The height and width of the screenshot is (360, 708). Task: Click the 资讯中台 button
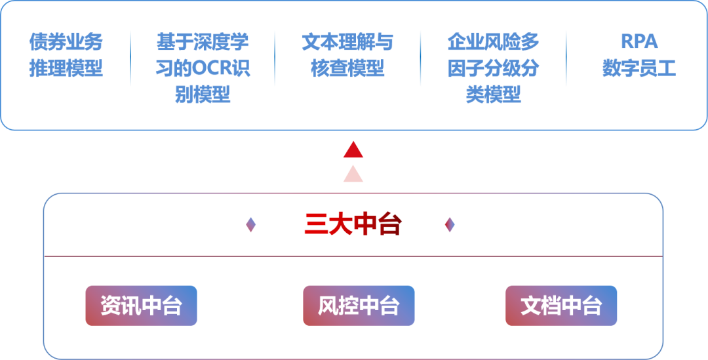[x=141, y=306]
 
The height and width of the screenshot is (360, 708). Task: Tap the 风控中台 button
[x=359, y=306]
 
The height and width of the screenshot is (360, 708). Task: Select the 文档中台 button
[x=561, y=306]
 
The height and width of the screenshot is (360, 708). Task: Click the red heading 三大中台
[x=353, y=225]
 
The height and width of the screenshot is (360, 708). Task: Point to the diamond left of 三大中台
[x=250, y=225]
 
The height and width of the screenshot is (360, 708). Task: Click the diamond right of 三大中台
[x=449, y=225]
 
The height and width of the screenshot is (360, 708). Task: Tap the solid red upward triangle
[x=353, y=150]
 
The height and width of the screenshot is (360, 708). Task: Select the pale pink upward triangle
[x=353, y=174]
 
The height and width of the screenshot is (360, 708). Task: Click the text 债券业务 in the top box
[x=66, y=42]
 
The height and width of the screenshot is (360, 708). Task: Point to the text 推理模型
[x=66, y=68]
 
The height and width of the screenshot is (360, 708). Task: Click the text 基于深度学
[x=203, y=42]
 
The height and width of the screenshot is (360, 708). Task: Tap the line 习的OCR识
[x=203, y=68]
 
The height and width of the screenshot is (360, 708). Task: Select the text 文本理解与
[x=347, y=42]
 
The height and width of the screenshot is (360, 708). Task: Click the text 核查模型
[x=347, y=68]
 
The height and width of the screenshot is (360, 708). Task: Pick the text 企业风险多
[x=493, y=42]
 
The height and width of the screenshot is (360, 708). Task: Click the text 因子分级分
[x=493, y=68]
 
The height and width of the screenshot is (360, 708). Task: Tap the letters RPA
[x=639, y=42]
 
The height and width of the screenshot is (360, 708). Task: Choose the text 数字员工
[x=639, y=68]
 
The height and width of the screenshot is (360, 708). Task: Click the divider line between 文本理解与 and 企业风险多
[x=420, y=58]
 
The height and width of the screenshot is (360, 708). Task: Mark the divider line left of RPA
[x=566, y=58]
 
